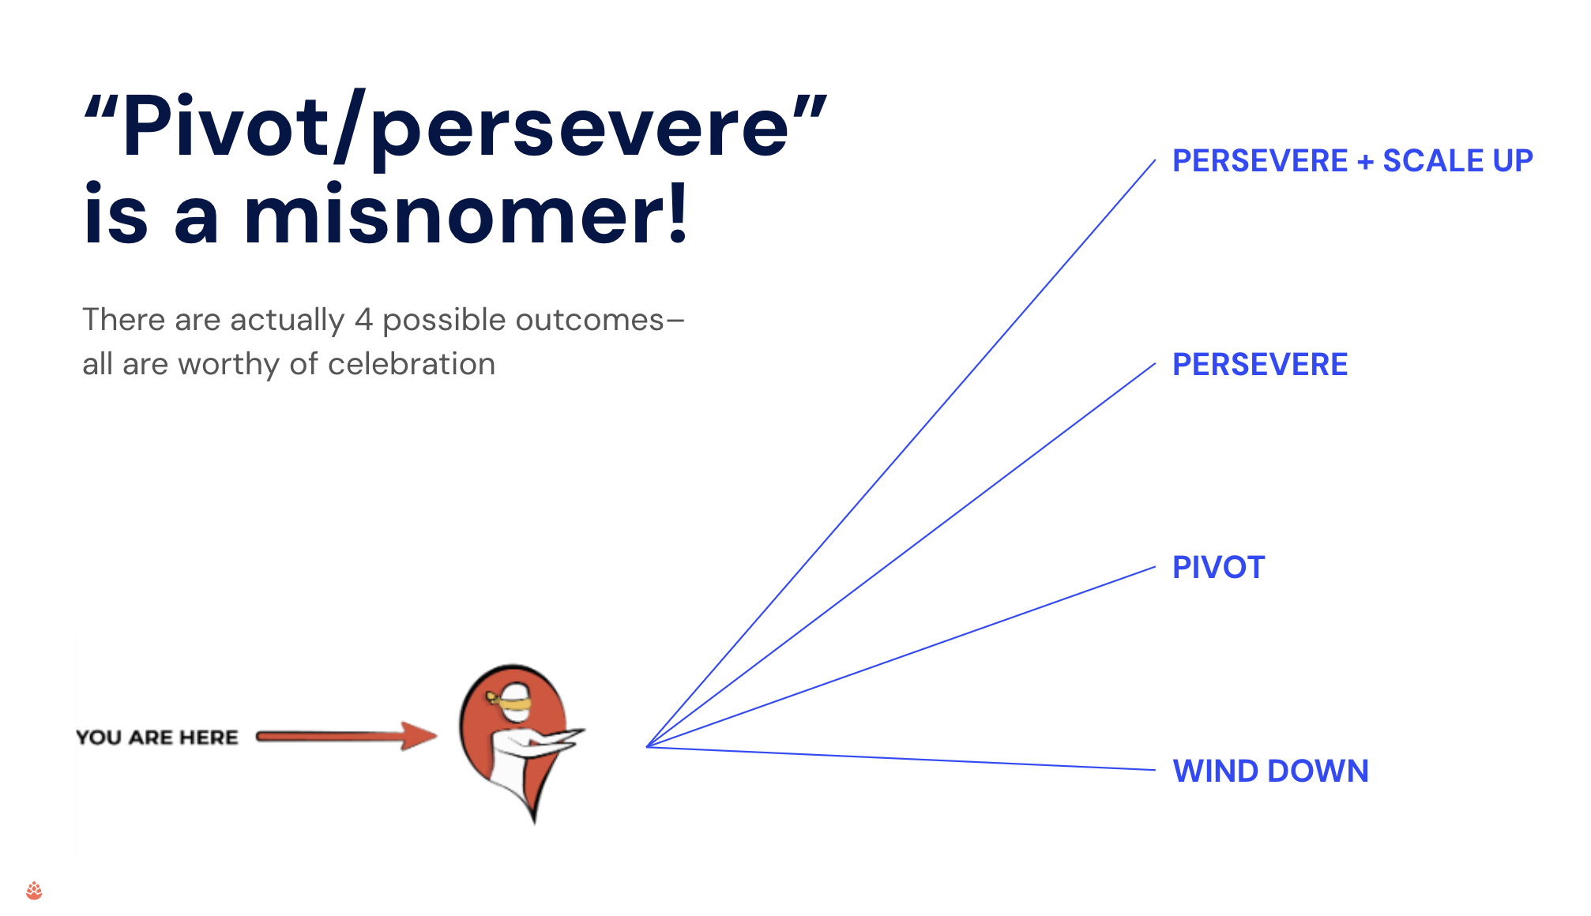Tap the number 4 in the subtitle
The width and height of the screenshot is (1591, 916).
[363, 320]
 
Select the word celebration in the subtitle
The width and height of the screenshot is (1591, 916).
[412, 364]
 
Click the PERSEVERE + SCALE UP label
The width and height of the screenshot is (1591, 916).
[1352, 161]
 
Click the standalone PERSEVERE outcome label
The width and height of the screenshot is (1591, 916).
[1260, 365]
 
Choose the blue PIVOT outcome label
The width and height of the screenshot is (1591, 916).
[1218, 568]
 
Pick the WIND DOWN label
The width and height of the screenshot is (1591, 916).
[1270, 771]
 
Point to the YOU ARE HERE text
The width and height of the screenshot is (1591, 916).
[157, 738]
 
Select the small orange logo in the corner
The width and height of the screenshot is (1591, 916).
[34, 891]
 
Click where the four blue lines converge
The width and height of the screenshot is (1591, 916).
[647, 746]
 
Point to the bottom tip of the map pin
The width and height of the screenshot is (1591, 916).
[536, 823]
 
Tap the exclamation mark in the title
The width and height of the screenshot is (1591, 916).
[678, 212]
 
